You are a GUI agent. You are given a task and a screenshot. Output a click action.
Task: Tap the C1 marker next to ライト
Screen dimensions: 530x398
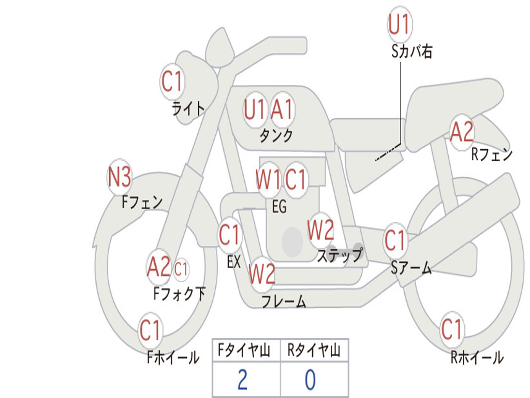pyautogui.click(x=172, y=81)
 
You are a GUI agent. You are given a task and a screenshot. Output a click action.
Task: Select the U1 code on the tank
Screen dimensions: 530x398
pyautogui.click(x=255, y=109)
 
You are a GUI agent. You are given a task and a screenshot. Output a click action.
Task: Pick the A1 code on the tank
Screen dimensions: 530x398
pyautogui.click(x=282, y=109)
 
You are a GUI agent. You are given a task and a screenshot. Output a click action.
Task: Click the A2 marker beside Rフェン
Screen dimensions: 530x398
pyautogui.click(x=461, y=132)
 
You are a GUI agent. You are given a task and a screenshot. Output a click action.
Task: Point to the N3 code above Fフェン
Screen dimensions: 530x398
pyautogui.click(x=119, y=178)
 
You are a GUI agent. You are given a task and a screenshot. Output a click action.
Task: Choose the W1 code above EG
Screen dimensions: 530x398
pyautogui.click(x=268, y=180)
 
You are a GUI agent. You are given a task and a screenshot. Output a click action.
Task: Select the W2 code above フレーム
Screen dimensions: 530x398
pyautogui.click(x=261, y=274)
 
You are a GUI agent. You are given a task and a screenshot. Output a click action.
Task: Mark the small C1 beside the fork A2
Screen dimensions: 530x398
pyautogui.click(x=181, y=269)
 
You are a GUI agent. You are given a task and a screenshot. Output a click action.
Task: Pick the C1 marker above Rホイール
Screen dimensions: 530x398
pyautogui.click(x=451, y=329)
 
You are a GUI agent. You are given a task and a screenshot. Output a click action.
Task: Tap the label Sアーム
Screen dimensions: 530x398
pyautogui.click(x=411, y=268)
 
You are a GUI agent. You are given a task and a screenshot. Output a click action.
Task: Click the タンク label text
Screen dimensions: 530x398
pyautogui.click(x=276, y=136)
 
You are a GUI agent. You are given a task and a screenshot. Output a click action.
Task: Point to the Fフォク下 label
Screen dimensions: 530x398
pyautogui.click(x=179, y=294)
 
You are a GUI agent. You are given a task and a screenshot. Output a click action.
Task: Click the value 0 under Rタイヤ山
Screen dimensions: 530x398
pyautogui.click(x=310, y=380)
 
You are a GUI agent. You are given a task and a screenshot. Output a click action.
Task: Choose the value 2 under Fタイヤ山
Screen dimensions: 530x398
pyautogui.click(x=242, y=380)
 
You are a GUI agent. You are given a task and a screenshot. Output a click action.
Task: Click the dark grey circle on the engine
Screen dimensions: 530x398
pyautogui.click(x=292, y=241)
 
